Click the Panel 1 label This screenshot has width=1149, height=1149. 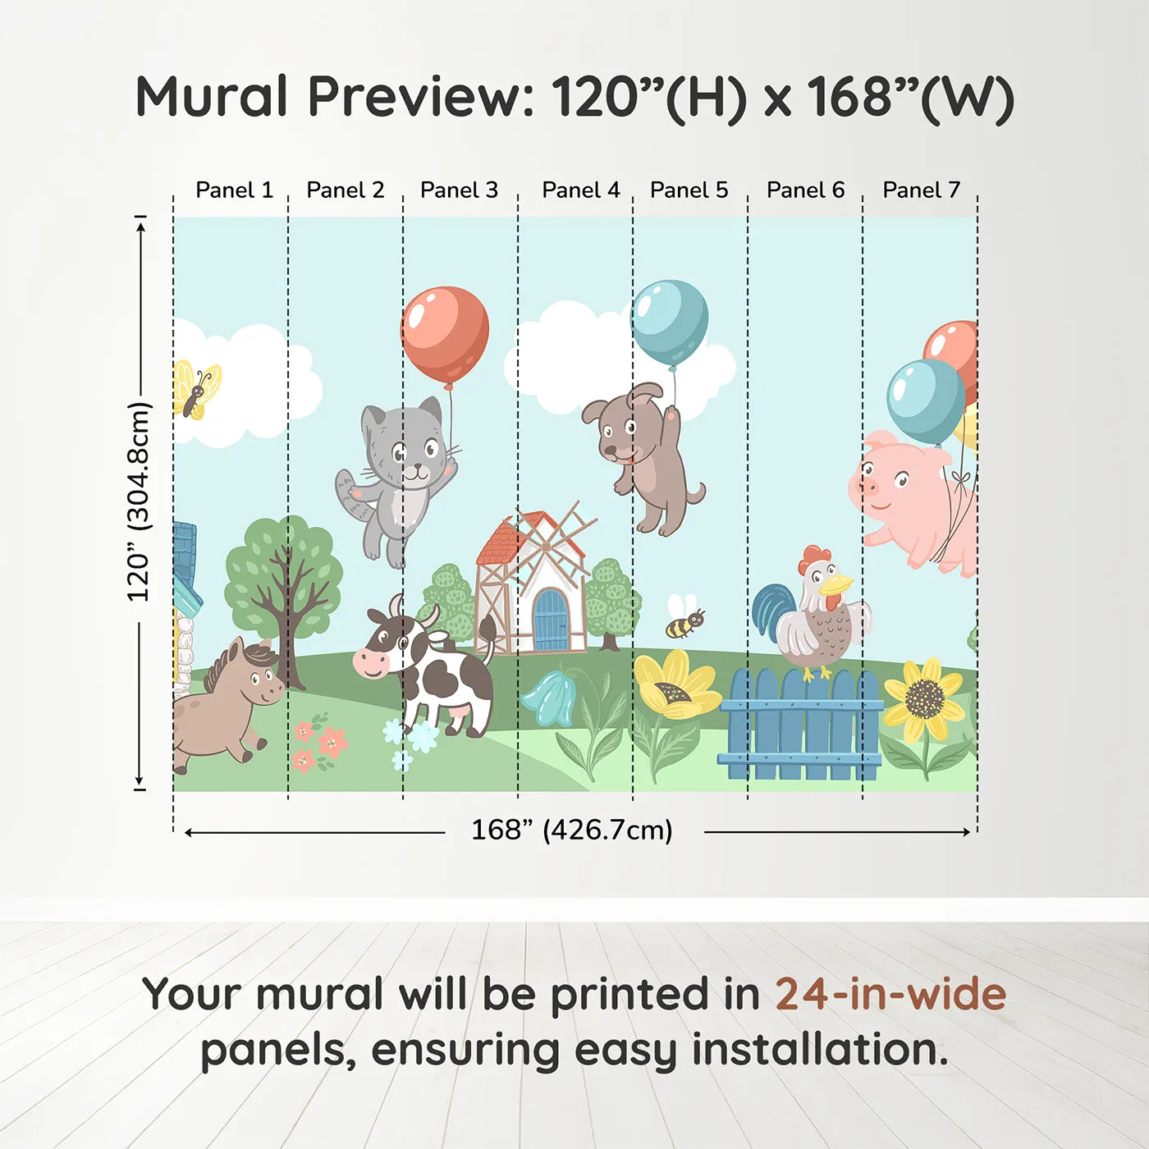[234, 190]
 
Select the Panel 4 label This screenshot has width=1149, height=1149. [580, 190]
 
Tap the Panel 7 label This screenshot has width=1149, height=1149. [921, 190]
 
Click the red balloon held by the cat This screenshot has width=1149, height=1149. [445, 333]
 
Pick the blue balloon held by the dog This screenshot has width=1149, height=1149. [669, 322]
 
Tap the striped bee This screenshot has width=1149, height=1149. [684, 622]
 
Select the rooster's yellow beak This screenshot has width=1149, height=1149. [837, 584]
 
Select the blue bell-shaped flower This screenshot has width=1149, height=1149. [548, 698]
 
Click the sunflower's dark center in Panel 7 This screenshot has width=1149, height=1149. [925, 698]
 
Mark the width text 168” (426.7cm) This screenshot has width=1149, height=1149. [571, 831]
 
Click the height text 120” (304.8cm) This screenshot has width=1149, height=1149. [139, 502]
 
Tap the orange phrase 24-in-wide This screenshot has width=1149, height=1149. [890, 995]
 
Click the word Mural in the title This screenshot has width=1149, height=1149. [212, 97]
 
